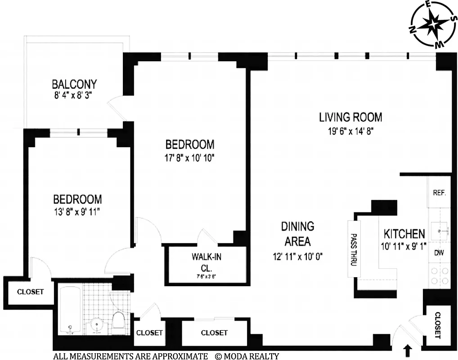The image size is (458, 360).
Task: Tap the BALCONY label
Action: tap(74, 84)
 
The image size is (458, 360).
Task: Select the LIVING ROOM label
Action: tap(350, 117)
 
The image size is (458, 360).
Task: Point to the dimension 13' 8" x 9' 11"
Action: tap(77, 211)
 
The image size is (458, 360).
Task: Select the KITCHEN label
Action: tap(404, 234)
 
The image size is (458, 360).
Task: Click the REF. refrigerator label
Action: tap(439, 193)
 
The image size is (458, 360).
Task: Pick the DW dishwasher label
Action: tap(439, 253)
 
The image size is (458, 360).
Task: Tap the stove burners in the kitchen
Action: tap(439, 275)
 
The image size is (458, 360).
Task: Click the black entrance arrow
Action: tap(409, 350)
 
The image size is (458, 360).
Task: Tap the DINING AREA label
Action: tap(297, 234)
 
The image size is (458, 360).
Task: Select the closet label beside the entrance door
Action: tap(438, 325)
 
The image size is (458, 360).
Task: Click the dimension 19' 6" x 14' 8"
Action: tap(350, 131)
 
